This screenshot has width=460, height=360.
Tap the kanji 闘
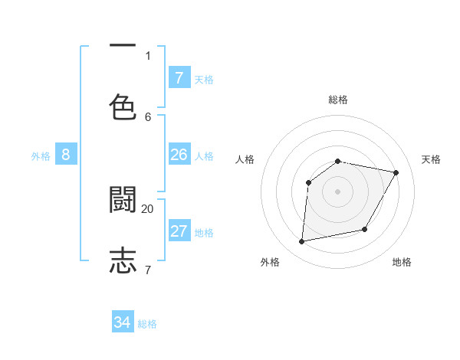pos(123,200)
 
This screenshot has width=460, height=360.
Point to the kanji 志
pos(123,260)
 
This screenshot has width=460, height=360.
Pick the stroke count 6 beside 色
pos(148,116)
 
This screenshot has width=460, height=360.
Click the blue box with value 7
pos(179,78)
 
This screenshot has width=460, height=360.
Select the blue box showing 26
pos(179,155)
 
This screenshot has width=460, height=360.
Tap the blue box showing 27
pos(179,232)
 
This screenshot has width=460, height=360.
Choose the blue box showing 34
pos(123,322)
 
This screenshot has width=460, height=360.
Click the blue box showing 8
pos(66,155)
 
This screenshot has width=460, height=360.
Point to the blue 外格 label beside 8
pos(41,156)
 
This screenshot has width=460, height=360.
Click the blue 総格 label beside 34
pos(147,324)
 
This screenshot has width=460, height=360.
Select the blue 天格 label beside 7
pos(204,79)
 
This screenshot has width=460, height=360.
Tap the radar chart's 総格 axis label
pos(337,100)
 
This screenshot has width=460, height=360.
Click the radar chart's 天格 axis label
pos(431,159)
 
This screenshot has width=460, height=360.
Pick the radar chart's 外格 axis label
pos(270,262)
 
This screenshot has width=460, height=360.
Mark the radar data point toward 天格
pos(396,172)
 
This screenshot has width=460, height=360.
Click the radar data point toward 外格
pos(302,242)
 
